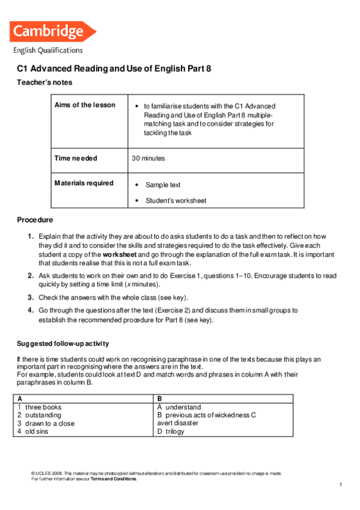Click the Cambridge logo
tap(53, 31)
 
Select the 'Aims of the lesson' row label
tap(85, 105)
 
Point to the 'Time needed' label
tap(76, 159)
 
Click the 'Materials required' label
tap(84, 183)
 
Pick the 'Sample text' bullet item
tap(163, 185)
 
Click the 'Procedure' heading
tap(35, 220)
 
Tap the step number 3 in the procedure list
tap(30, 298)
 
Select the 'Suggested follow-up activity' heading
tap(63, 344)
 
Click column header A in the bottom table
tap(20, 399)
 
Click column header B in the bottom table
tap(160, 399)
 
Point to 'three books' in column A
tap(43, 407)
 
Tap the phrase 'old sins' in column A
tap(37, 431)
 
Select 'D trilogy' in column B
tap(171, 431)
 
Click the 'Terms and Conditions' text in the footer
tap(114, 479)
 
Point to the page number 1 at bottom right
tap(340, 485)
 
